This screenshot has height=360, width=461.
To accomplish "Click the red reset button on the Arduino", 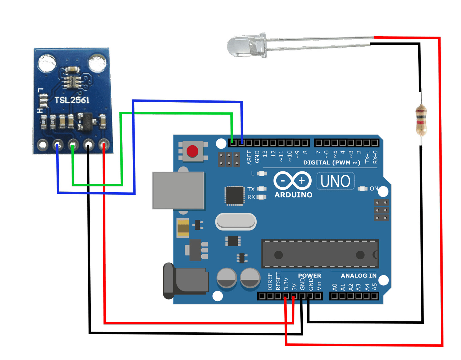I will (x=192, y=151).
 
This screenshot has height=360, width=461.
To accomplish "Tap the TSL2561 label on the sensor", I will (x=72, y=100).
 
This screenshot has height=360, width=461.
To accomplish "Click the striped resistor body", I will (x=421, y=120).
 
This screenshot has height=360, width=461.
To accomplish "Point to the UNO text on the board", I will (x=335, y=181).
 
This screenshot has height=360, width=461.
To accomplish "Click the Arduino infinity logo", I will (x=292, y=180).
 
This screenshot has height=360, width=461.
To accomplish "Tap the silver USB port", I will (x=178, y=190).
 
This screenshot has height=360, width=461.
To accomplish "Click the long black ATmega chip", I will (x=320, y=254).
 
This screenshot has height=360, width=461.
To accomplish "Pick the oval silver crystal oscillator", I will (x=236, y=222).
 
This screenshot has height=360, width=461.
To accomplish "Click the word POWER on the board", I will (x=309, y=276).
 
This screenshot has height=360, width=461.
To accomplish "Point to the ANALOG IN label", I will (x=358, y=276).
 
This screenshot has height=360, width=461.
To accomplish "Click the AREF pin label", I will (x=249, y=157).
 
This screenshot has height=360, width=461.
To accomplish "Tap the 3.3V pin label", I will (x=286, y=284).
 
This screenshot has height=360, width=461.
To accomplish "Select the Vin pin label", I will (x=319, y=286).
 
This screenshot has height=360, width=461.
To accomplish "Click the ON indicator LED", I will (x=363, y=189).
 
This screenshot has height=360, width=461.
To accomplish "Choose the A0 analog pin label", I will (x=334, y=287).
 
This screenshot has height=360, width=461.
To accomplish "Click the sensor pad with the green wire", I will (x=73, y=144).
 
